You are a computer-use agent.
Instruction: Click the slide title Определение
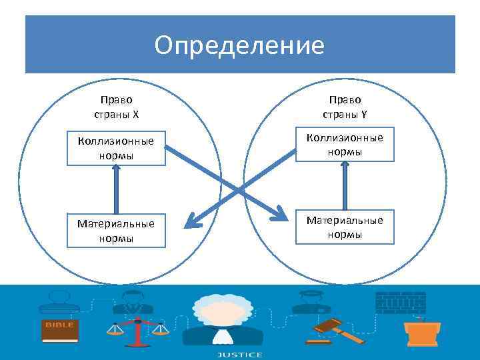(239, 45)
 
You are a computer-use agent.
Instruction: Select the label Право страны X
(117, 107)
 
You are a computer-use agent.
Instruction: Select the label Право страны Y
(345, 107)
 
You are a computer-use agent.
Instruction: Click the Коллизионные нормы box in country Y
(345, 145)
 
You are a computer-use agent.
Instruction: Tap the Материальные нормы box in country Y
(345, 227)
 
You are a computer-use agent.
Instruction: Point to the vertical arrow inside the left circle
(116, 189)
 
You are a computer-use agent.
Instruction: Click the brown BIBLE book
(60, 330)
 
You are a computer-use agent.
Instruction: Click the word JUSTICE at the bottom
(239, 355)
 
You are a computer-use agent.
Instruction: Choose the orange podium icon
(420, 329)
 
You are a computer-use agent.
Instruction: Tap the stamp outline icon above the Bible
(59, 303)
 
